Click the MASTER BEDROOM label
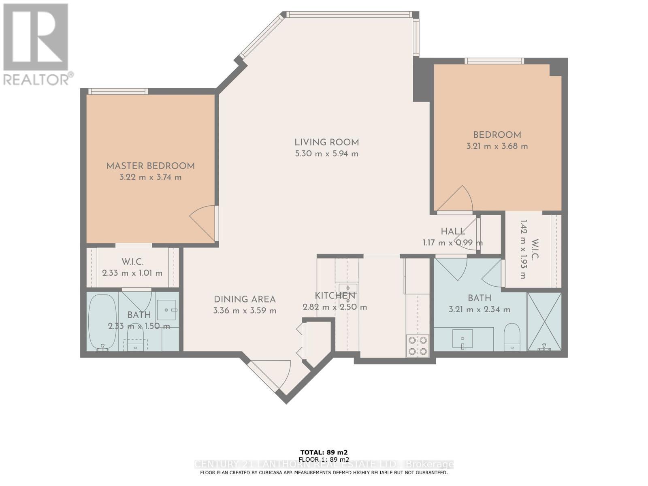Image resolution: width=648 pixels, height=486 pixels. pyautogui.click(x=150, y=166)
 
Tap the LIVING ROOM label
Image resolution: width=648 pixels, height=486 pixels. pyautogui.click(x=326, y=142)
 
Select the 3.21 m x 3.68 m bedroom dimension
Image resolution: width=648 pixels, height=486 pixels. pyautogui.click(x=497, y=146)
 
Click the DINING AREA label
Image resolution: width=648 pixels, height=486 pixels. pyautogui.click(x=245, y=299)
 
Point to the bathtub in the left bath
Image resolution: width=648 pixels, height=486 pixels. pyautogui.click(x=102, y=322)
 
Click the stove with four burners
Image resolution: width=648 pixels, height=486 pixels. pyautogui.click(x=418, y=345)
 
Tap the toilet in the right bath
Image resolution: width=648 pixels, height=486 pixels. pyautogui.click(x=512, y=336)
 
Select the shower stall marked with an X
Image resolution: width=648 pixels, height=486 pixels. pyautogui.click(x=544, y=322)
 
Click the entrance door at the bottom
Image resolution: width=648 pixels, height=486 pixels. pyautogui.click(x=271, y=375)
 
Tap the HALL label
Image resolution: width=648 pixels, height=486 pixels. pyautogui.click(x=453, y=232)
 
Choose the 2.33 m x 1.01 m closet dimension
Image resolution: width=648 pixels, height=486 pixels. pyautogui.click(x=132, y=273)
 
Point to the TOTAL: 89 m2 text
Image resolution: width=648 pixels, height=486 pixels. pyautogui.click(x=324, y=452)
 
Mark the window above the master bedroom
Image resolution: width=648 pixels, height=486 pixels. pyautogui.click(x=118, y=91)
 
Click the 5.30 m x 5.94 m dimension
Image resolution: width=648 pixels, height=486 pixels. pyautogui.click(x=326, y=154)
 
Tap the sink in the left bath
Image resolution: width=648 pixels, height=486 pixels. pyautogui.click(x=166, y=310)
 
